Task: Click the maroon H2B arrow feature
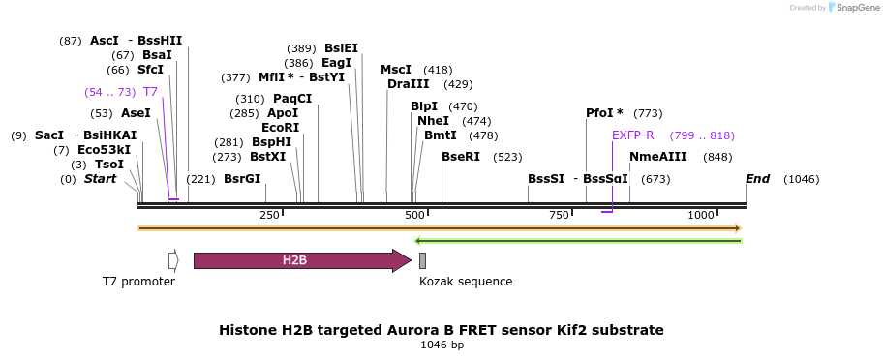tap(303, 261)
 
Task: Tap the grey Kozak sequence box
tap(422, 261)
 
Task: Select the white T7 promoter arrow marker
tap(173, 260)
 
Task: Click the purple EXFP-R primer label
tap(633, 135)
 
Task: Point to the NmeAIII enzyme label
tap(658, 157)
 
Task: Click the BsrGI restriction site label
tap(242, 179)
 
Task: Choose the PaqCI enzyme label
tap(292, 99)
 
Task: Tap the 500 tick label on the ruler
tap(414, 215)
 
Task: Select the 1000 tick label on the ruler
tap(701, 215)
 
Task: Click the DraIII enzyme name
tap(409, 84)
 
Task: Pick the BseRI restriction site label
tap(461, 157)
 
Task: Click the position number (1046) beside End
tap(801, 179)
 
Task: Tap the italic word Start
tap(101, 179)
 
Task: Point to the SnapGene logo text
tap(857, 8)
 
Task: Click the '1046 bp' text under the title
tap(442, 345)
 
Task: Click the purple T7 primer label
tap(150, 92)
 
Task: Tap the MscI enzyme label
tap(396, 70)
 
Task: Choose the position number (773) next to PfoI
tap(649, 113)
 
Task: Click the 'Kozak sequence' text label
tap(466, 281)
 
